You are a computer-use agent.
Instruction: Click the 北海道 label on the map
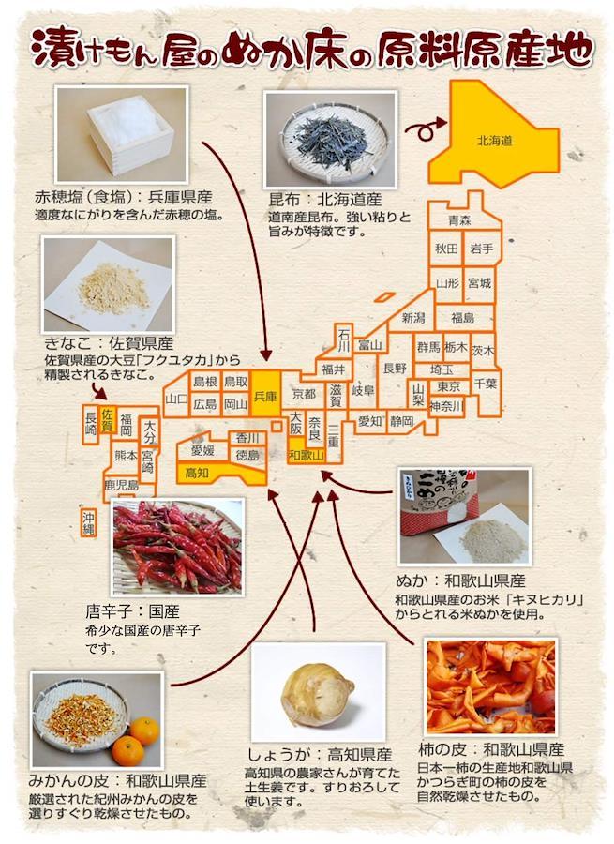[494, 141]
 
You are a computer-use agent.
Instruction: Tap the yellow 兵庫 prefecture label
[264, 396]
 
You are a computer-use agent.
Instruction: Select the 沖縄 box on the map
[89, 522]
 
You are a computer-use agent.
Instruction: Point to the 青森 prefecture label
[459, 219]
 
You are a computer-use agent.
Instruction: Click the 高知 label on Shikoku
[197, 473]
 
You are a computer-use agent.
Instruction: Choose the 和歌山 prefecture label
[307, 456]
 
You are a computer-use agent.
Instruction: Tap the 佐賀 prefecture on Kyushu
[108, 420]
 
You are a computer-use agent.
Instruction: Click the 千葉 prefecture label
[485, 384]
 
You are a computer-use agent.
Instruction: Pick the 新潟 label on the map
[413, 318]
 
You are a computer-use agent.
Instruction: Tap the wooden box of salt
[130, 133]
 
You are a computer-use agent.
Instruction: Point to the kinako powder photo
[108, 283]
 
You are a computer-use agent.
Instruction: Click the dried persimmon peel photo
[490, 686]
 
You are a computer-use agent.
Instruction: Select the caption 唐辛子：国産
[132, 611]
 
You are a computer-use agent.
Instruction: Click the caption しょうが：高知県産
[319, 754]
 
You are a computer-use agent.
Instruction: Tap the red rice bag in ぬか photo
[439, 503]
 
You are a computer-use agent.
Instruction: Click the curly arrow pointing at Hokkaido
[426, 128]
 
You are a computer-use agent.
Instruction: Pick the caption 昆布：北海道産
[325, 200]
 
